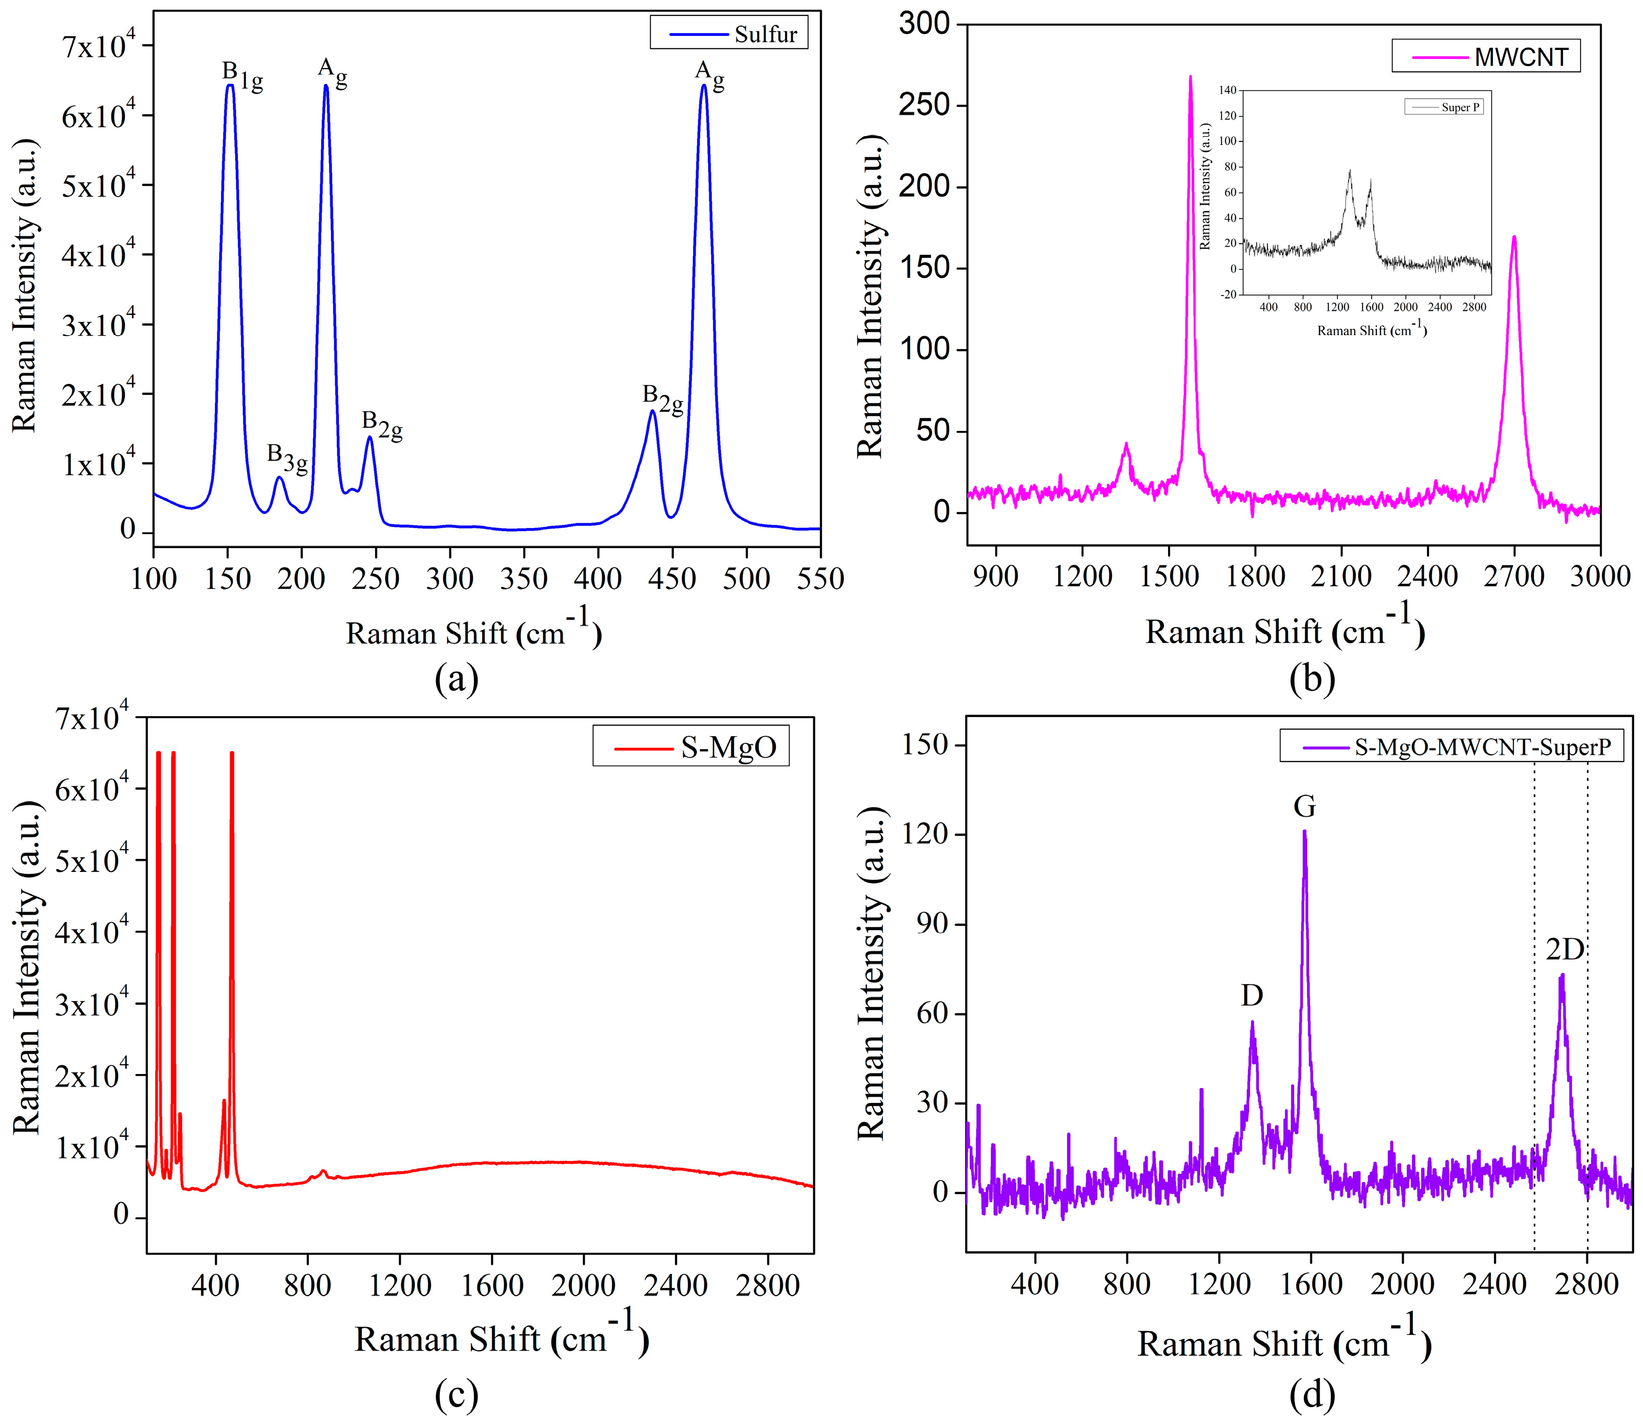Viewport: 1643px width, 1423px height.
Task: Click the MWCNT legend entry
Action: pyautogui.click(x=1485, y=56)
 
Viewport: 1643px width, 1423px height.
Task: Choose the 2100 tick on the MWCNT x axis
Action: pyautogui.click(x=1341, y=576)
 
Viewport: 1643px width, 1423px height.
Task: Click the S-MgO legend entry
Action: pyautogui.click(x=691, y=747)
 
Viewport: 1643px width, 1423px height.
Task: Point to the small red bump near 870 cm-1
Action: pyautogui.click(x=322, y=1171)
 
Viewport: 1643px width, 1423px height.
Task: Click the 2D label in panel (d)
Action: pyautogui.click(x=1565, y=949)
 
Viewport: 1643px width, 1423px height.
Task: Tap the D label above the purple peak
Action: pyautogui.click(x=1252, y=995)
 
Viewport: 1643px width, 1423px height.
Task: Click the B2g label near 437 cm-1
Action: pyautogui.click(x=662, y=399)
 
